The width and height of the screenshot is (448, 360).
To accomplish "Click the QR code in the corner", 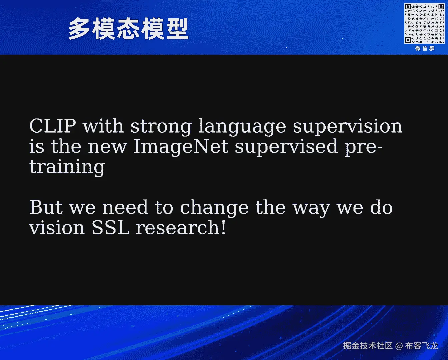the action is click(424, 23).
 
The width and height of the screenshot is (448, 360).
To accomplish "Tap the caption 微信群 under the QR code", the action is click(425, 49).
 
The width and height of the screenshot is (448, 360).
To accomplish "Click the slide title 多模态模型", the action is click(128, 29).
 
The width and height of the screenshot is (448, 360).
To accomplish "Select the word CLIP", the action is click(52, 126).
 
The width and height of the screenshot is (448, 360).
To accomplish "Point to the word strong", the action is click(161, 127).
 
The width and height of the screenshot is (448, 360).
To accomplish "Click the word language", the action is click(242, 127).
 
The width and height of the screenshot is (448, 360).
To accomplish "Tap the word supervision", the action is click(347, 127).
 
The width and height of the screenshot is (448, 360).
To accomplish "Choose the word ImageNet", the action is click(181, 147).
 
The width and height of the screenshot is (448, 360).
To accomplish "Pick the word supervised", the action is click(286, 147).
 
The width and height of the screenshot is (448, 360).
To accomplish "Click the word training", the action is click(67, 167).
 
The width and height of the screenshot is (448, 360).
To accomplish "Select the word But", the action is click(46, 207).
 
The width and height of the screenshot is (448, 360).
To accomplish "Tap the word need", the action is click(125, 207).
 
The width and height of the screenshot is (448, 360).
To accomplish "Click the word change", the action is click(214, 208).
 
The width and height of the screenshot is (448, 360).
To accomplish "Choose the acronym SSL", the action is click(111, 227).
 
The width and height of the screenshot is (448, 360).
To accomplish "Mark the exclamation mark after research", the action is click(223, 227).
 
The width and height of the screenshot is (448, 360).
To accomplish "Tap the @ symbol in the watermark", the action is click(399, 346).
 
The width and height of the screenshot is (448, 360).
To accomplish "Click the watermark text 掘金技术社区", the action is click(368, 346).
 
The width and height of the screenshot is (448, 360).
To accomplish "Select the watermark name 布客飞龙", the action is click(422, 346).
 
